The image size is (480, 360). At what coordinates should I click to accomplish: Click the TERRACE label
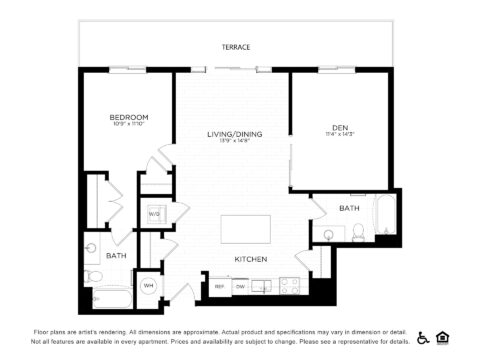[x=237, y=47]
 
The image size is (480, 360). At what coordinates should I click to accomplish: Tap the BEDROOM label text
[x=129, y=117]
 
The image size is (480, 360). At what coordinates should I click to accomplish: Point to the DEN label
[x=339, y=126]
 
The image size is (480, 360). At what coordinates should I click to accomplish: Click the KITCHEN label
[x=250, y=259]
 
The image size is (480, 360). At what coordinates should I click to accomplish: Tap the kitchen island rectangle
[x=244, y=228]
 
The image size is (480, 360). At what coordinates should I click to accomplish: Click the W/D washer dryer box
[x=155, y=214]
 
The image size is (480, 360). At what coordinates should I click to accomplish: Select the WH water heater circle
[x=148, y=285]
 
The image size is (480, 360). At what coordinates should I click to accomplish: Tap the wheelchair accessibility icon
[x=424, y=337]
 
